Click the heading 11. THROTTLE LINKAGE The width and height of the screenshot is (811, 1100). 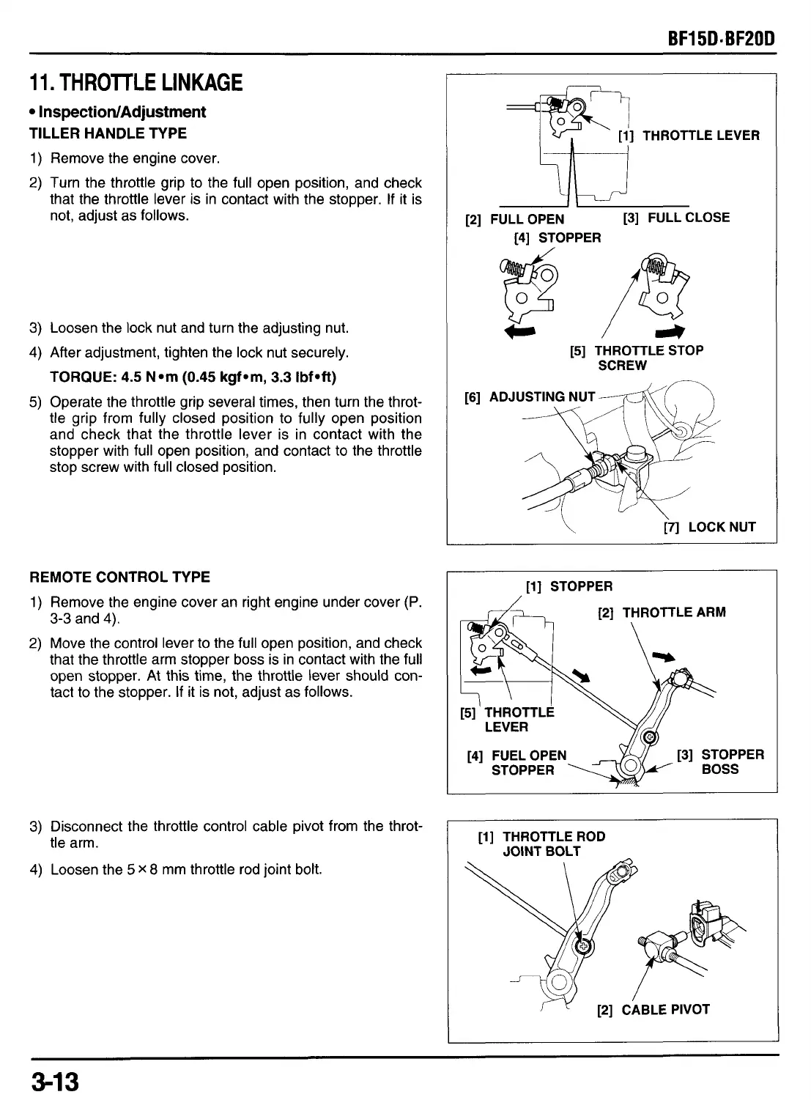(x=136, y=82)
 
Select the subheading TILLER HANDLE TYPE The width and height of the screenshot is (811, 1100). (x=108, y=133)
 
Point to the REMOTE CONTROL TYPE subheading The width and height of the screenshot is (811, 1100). (x=119, y=577)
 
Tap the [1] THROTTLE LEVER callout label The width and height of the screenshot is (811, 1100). (x=689, y=136)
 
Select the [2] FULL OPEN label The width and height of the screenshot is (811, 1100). (x=515, y=219)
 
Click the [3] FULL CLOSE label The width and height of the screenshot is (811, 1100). (x=676, y=218)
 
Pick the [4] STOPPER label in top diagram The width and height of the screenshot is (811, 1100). (x=557, y=237)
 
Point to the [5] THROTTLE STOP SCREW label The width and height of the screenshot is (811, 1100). (x=636, y=358)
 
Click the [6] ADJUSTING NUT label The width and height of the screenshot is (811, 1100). (x=530, y=397)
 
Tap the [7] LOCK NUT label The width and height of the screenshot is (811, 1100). (x=709, y=527)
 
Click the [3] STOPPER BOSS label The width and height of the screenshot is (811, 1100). (x=720, y=762)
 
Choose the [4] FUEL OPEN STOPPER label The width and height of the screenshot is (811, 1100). (x=517, y=762)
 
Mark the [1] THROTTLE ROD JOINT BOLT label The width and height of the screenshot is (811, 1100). (x=541, y=844)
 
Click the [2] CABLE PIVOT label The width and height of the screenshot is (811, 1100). (x=653, y=1010)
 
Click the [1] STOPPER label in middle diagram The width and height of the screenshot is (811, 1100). (x=569, y=586)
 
